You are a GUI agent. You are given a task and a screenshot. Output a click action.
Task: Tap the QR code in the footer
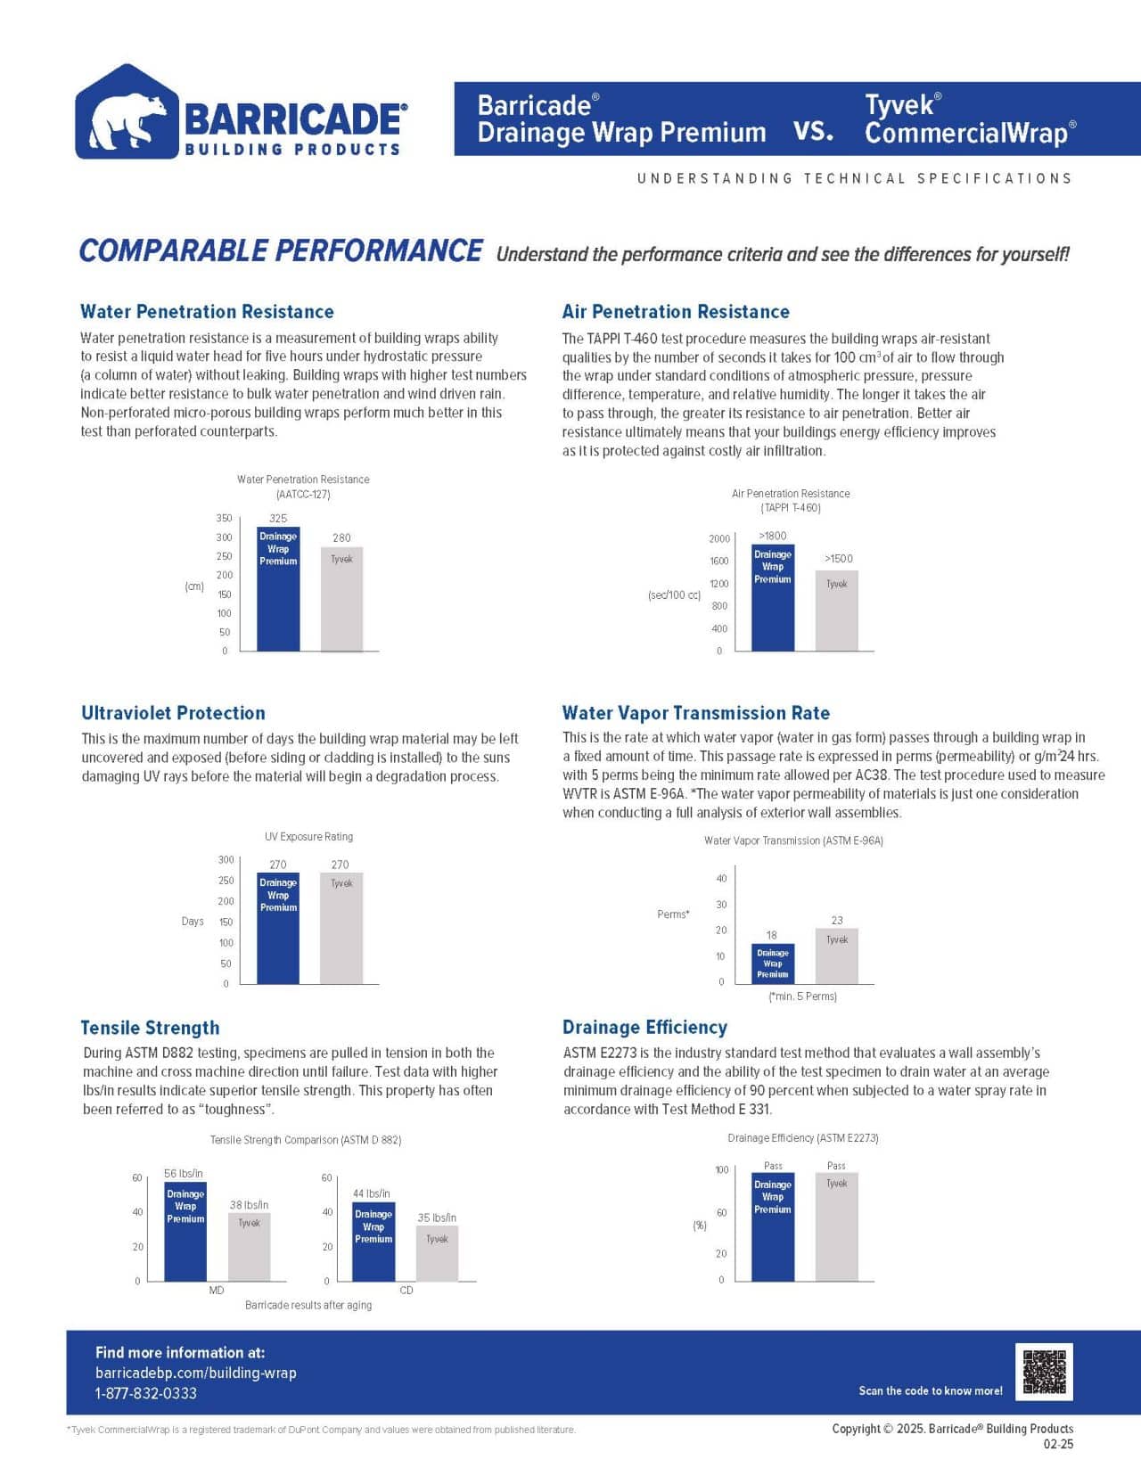(x=1044, y=1372)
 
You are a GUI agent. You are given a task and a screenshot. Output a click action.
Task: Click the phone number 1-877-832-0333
(x=146, y=1393)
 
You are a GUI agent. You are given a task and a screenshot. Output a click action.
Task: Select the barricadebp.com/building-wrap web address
(x=196, y=1373)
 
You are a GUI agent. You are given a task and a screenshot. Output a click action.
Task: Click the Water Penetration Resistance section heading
(x=207, y=311)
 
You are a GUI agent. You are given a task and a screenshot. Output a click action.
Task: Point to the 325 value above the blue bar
(x=278, y=518)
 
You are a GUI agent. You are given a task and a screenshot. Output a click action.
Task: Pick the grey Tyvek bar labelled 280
(x=341, y=598)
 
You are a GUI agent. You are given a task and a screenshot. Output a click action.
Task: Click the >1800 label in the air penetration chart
(x=772, y=536)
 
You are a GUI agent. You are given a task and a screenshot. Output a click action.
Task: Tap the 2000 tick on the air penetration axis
(x=719, y=538)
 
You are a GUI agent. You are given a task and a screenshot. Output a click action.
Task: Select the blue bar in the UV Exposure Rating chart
(x=278, y=928)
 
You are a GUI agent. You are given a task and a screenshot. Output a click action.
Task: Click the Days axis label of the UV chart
(x=193, y=921)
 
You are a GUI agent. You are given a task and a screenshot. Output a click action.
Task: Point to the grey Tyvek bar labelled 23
(x=836, y=955)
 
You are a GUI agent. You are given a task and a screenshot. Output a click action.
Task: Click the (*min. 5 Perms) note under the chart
(x=802, y=996)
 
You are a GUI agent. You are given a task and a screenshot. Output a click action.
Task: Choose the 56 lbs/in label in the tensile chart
(x=184, y=1173)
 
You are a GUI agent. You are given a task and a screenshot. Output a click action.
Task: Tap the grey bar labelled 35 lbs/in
(x=437, y=1253)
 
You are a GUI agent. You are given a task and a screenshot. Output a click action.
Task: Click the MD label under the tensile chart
(x=217, y=1290)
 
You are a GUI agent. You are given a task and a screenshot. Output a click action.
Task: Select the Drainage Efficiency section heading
(x=644, y=1027)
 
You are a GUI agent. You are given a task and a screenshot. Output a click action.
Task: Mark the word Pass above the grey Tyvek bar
(x=836, y=1165)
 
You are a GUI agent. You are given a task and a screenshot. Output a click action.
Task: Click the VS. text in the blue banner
(x=813, y=132)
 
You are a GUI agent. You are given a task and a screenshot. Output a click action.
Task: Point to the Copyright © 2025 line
(x=952, y=1428)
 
